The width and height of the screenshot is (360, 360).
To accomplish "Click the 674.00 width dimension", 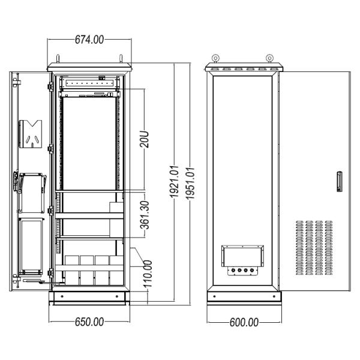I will tap(89, 40).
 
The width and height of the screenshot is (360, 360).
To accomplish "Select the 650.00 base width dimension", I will tap(89, 322).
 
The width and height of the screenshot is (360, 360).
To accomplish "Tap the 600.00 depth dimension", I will tap(244, 322).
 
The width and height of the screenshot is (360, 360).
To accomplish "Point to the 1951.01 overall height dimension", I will tap(191, 182).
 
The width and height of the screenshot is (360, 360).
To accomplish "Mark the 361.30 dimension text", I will tap(145, 214).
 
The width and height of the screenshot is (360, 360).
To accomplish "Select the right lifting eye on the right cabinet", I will tap(271, 59).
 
